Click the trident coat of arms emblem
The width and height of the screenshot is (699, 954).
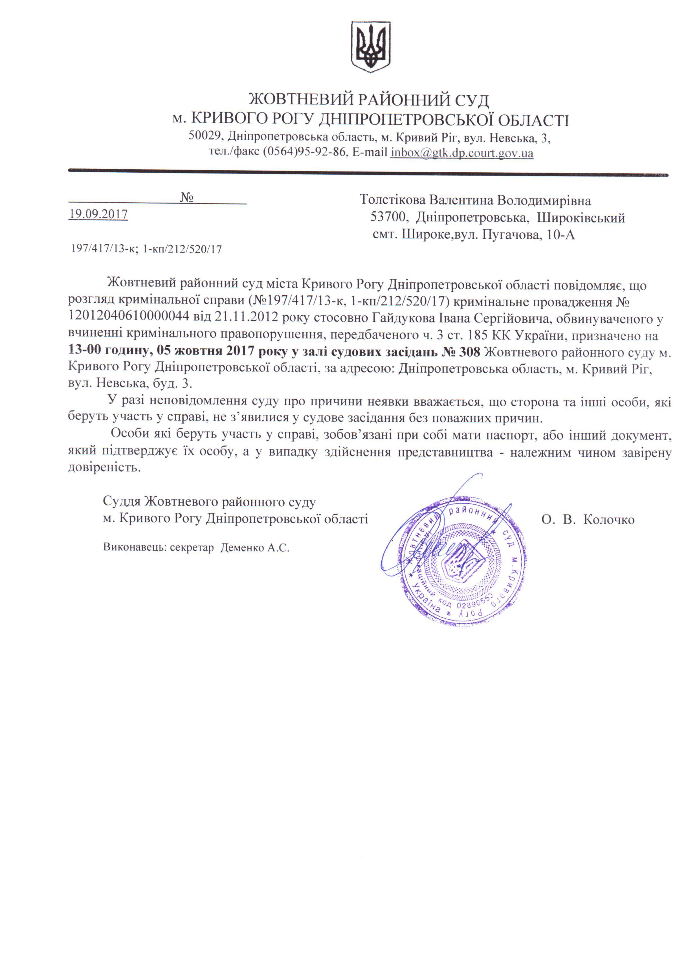[371, 47]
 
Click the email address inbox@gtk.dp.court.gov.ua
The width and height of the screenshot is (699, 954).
[461, 153]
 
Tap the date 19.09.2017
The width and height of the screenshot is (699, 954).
[98, 214]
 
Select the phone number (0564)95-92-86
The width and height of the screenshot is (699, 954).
[304, 153]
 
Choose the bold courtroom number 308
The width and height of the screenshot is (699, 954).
[469, 352]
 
